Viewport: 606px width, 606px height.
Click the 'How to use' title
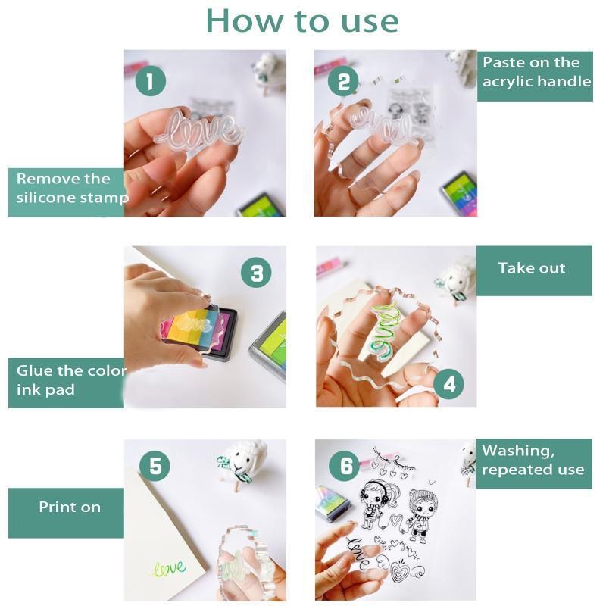pos(302,21)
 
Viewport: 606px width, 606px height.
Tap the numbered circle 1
pos(150,81)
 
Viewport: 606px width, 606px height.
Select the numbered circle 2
pos(343,81)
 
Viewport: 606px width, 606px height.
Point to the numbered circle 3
pos(256,273)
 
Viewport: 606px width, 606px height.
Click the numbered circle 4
pos(448,384)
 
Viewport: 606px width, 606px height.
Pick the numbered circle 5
pos(155,465)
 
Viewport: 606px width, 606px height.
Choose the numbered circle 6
pos(345,465)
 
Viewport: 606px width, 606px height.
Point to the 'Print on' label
pos(70,507)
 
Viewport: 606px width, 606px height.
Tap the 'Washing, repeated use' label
pos(533,460)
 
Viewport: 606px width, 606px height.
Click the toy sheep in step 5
pos(242,463)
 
